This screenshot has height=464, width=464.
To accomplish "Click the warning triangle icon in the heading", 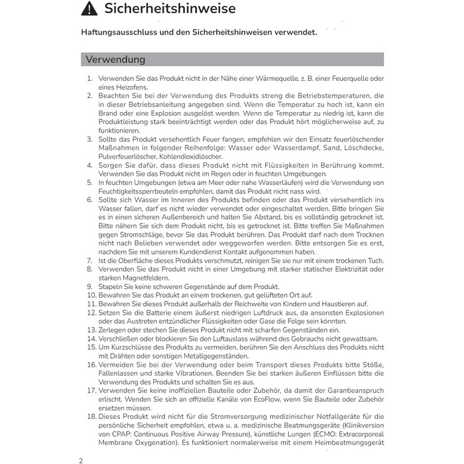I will click(89, 9).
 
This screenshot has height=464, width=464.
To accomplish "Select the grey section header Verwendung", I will click(115, 60).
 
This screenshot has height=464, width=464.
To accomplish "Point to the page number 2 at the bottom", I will click(81, 459).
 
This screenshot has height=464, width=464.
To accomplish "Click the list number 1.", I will click(90, 79).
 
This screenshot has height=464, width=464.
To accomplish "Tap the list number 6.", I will click(90, 200).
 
